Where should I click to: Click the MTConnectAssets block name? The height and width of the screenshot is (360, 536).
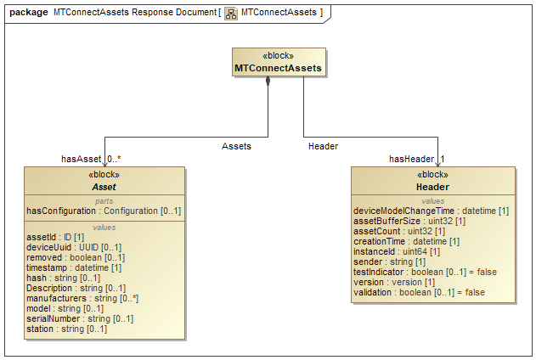coord(268,67)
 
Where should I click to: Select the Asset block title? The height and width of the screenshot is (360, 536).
coord(104,186)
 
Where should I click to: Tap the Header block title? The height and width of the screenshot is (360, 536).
coord(432,186)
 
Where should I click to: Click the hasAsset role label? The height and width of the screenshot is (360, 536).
coord(81,159)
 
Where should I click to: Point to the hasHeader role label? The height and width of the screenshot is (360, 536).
coord(411,159)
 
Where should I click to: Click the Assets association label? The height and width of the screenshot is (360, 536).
coord(236,146)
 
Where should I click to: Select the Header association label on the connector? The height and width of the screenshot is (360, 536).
coord(323,146)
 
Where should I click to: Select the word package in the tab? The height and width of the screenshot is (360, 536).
coord(27,13)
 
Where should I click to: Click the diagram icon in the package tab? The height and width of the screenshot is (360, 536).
coord(230,13)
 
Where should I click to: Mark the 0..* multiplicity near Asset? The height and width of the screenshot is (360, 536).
coord(116,159)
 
